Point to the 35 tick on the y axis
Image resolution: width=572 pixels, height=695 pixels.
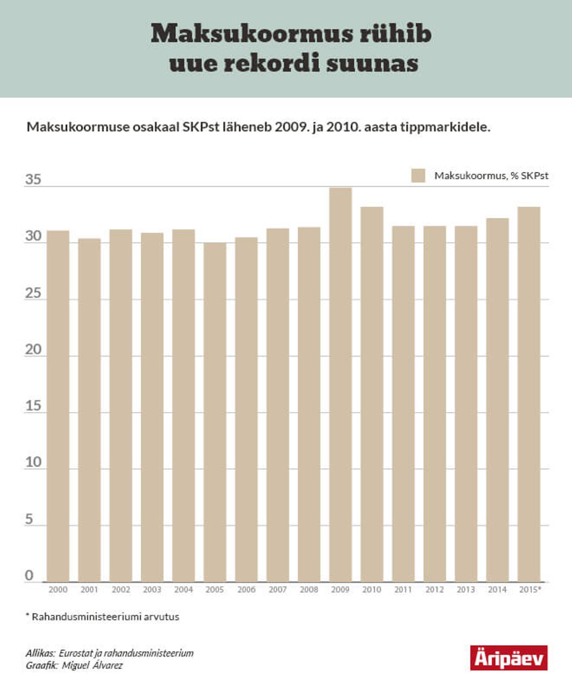[33, 180]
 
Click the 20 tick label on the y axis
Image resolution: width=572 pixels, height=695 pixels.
[33, 349]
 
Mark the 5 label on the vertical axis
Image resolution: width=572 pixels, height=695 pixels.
[29, 520]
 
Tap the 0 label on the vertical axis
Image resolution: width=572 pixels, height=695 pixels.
[29, 576]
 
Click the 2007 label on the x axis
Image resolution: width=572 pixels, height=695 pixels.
[277, 590]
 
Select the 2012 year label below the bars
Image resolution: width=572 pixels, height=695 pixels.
[434, 590]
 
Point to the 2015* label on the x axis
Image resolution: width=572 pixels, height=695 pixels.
[530, 590]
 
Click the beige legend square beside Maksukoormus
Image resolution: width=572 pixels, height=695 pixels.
[418, 175]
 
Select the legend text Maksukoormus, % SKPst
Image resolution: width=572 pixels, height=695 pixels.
[491, 175]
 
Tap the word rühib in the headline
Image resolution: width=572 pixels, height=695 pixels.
[395, 34]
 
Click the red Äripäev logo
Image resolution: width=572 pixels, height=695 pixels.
[509, 658]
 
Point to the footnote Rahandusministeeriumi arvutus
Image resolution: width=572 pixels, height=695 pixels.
[105, 617]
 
